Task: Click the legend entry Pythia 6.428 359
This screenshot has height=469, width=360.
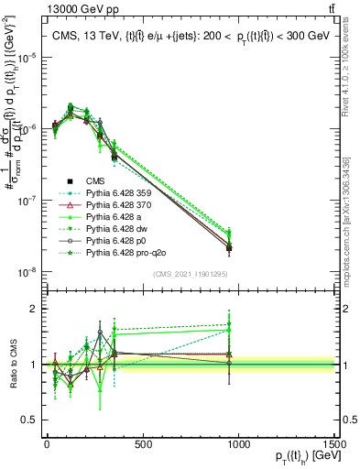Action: click(119, 193)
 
